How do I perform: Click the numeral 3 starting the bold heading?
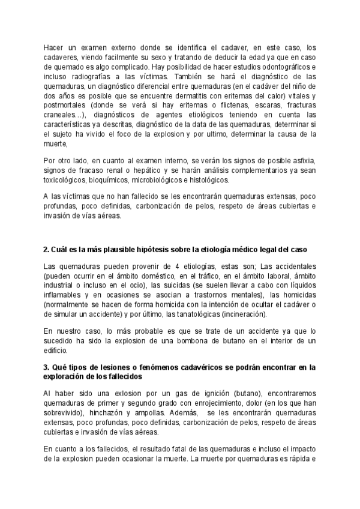click(46, 366)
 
